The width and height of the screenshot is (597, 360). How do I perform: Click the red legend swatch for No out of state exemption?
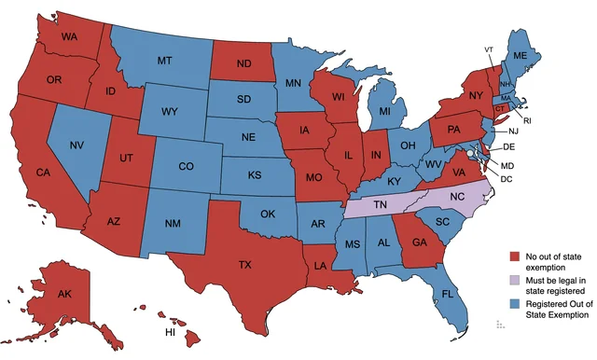click(x=514, y=256)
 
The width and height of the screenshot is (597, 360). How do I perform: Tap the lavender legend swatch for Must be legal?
click(x=514, y=280)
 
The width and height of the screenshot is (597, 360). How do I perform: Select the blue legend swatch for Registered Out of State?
click(x=514, y=304)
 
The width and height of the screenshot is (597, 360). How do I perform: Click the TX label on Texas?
click(x=244, y=265)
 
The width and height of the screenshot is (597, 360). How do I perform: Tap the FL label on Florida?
click(x=449, y=294)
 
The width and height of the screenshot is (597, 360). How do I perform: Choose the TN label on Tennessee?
click(x=382, y=204)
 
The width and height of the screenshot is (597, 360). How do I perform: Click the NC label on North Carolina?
click(x=457, y=199)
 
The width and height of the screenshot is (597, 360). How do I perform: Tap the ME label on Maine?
click(x=520, y=57)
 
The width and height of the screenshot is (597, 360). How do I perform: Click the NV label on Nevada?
click(x=77, y=145)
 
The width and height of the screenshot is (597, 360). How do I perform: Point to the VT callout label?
click(x=489, y=48)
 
